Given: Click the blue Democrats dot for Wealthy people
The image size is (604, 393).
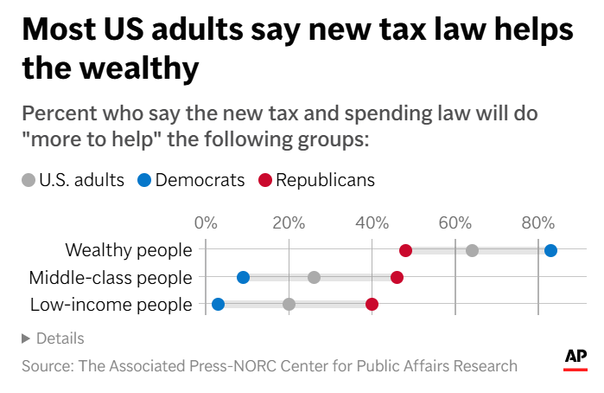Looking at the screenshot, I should pyautogui.click(x=550, y=250).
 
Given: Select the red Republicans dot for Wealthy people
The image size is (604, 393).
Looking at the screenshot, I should pyautogui.click(x=405, y=250).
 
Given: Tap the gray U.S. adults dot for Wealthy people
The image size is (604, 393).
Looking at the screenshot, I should pyautogui.click(x=472, y=250).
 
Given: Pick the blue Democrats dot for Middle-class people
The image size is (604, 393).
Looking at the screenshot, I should pyautogui.click(x=243, y=277).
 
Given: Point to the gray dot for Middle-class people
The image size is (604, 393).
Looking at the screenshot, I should pyautogui.click(x=314, y=277).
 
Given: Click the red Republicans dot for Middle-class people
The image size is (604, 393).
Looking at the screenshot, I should pyautogui.click(x=397, y=277).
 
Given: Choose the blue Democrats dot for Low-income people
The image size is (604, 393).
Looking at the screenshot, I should pyautogui.click(x=218, y=304).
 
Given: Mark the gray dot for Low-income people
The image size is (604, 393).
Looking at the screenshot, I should pyautogui.click(x=289, y=304).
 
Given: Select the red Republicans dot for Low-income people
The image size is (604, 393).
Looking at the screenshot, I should pyautogui.click(x=372, y=304).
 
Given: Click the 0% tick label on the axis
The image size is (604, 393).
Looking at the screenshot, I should pyautogui.click(x=206, y=222).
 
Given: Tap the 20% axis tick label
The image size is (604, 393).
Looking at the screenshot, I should pyautogui.click(x=288, y=222).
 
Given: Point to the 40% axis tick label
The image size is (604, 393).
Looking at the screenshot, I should pyautogui.click(x=372, y=222).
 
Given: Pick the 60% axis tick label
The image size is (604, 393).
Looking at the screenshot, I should pyautogui.click(x=455, y=222).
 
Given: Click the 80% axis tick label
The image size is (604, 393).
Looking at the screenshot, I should pyautogui.click(x=537, y=222).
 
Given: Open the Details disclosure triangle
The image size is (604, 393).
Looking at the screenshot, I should pyautogui.click(x=26, y=338).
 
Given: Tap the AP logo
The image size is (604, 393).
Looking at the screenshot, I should pyautogui.click(x=575, y=358).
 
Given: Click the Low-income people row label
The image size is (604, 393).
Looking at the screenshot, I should pyautogui.click(x=111, y=304).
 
